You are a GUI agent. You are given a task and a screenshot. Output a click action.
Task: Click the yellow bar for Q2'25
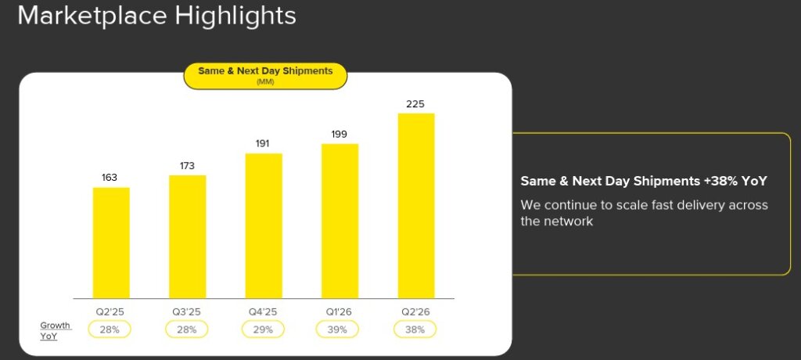coord(111,243)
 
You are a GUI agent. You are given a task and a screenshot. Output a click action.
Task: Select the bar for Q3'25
coord(188,237)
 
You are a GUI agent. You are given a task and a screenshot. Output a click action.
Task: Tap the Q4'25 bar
coord(264,225)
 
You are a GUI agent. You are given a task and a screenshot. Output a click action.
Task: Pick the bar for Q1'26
coord(339,221)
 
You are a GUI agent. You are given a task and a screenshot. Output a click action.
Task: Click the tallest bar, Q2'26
coord(416,206)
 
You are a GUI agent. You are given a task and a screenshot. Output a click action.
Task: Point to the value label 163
coord(110,178)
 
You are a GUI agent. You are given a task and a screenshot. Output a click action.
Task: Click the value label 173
coord(187,166)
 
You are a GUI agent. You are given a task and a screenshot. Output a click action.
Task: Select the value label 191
coord(263,144)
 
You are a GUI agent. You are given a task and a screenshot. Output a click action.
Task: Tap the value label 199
coord(339,135)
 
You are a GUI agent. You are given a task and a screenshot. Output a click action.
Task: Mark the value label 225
coord(415,104)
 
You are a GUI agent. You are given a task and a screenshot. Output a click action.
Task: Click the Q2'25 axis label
coord(110,311)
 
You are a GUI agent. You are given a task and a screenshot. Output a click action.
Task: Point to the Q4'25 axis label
coord(263,311)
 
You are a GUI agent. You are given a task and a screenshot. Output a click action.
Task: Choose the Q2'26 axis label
coord(415,311)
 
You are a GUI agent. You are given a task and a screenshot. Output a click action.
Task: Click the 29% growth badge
coord(264,329)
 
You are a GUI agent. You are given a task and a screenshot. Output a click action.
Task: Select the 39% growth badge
coord(338,329)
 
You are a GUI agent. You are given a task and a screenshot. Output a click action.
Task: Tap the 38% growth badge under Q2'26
coord(415,329)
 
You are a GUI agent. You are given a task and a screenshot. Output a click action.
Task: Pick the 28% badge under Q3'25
coord(187,329)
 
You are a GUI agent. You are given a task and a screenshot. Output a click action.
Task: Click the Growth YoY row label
coord(56,331)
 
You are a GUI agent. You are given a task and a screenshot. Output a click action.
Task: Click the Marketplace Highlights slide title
coord(156,16)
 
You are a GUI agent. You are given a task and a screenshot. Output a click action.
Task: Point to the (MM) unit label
coord(265,82)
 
